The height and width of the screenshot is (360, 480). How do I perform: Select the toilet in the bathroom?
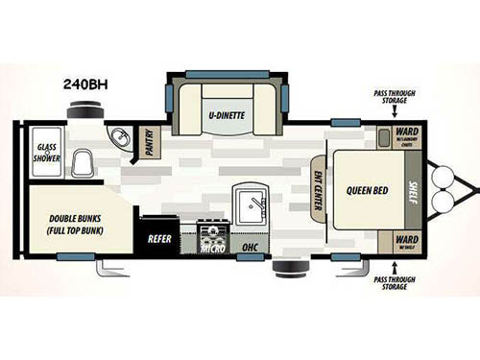click(81, 162)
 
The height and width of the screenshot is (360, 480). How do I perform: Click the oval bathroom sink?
click(120, 139)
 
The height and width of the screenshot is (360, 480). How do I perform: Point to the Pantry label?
click(150, 145)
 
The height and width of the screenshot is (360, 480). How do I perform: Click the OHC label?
click(251, 247)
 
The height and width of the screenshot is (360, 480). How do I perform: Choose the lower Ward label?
click(407, 238)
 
